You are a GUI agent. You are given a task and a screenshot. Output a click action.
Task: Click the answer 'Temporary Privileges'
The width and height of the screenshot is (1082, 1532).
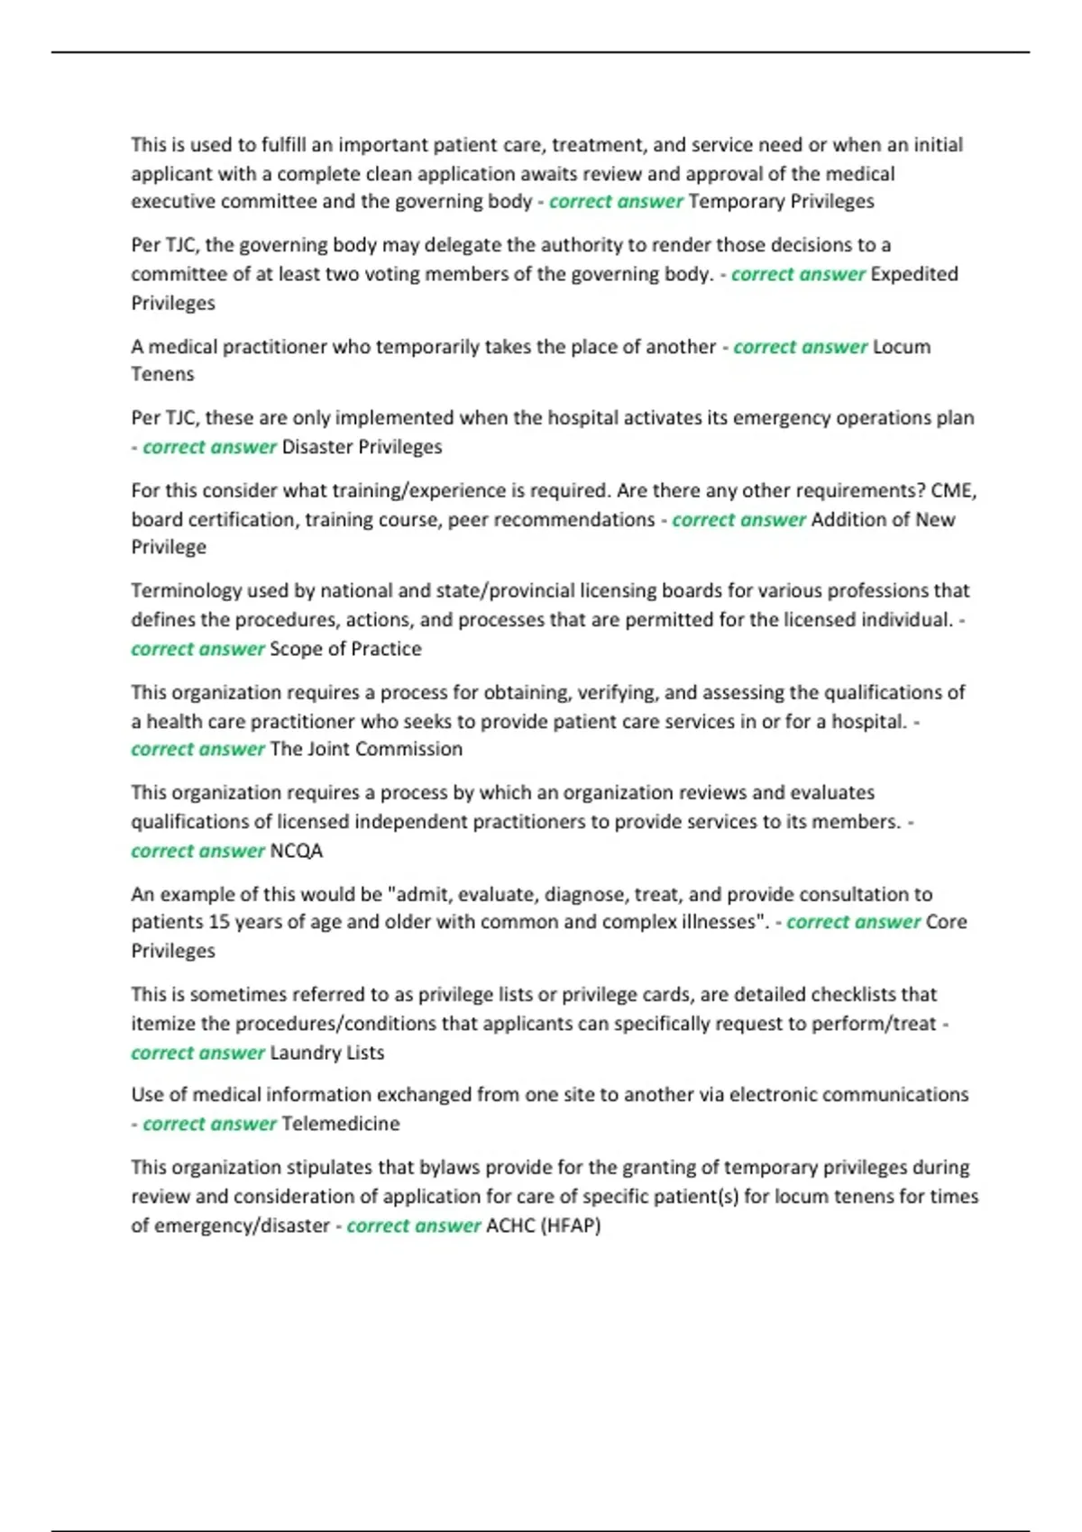point(781,201)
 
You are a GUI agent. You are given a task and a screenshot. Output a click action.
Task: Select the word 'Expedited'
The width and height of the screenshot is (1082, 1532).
point(913,274)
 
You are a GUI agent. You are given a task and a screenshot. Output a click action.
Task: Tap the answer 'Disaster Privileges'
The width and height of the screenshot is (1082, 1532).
point(362,447)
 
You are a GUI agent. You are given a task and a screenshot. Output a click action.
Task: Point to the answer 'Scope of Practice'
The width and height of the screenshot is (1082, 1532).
point(345,649)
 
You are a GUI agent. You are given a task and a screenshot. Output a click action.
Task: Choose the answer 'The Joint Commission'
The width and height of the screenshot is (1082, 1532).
point(366,749)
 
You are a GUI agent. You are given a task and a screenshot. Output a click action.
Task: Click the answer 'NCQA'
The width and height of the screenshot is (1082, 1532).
point(296,851)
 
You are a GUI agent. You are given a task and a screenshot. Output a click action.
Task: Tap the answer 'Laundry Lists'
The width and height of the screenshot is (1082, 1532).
point(326,1053)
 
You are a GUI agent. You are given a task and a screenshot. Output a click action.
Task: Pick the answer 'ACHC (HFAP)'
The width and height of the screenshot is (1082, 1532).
point(543,1226)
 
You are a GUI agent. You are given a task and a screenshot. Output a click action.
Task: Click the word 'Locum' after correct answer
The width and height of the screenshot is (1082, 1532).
point(902,347)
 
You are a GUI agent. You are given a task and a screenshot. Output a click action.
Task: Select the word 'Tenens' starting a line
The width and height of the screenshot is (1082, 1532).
point(162,374)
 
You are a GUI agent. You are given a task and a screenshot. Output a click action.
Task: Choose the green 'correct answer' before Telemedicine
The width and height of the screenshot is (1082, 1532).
point(209,1124)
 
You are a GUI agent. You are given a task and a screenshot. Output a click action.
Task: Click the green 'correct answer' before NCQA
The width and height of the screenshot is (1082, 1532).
point(197,851)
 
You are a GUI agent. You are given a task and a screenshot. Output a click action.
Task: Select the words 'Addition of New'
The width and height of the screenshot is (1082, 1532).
point(883,519)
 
